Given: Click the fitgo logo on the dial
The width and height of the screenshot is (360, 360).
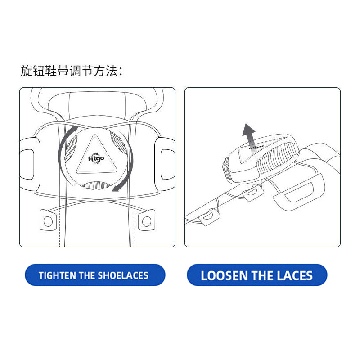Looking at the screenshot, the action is tap(96, 159).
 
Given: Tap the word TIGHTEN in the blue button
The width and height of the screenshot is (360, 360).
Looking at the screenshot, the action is tap(58, 275).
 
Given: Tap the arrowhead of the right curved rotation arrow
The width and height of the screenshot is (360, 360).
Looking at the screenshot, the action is tap(116, 188).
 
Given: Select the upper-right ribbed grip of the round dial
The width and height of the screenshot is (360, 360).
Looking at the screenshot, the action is tap(119, 141).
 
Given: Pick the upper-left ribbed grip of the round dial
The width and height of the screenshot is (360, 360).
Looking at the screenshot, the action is tap(71, 148).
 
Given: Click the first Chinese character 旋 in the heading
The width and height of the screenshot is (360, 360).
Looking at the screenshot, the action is tap(27, 71).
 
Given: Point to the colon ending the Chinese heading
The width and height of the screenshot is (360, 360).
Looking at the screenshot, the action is tap(121, 71).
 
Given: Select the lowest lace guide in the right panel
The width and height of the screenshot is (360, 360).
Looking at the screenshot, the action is tap(209, 217).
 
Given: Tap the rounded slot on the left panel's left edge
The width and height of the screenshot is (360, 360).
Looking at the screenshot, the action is tap(27, 164).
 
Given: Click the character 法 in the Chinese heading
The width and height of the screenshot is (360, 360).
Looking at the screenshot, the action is tap(112, 71).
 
